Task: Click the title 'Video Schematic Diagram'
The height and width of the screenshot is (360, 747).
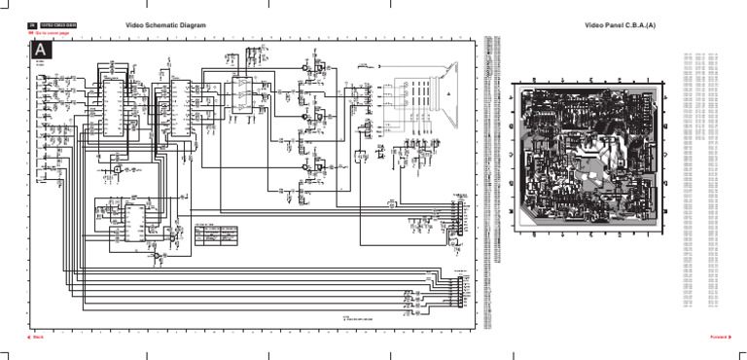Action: (165, 24)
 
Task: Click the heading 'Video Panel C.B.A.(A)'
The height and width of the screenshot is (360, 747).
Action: (620, 24)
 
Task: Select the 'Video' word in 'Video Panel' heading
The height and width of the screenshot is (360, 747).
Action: (594, 24)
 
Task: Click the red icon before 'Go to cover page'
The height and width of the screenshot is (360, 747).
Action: (31, 33)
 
